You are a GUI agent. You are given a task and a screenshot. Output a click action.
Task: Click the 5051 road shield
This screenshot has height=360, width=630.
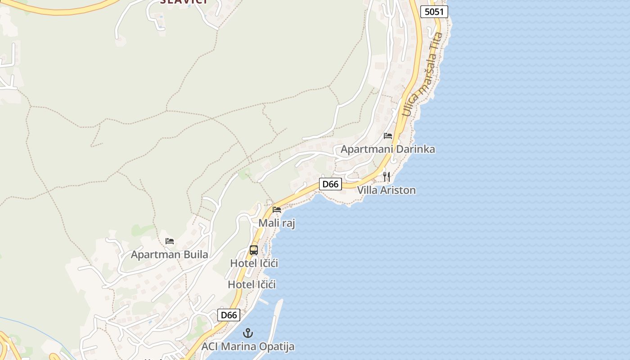(434, 12)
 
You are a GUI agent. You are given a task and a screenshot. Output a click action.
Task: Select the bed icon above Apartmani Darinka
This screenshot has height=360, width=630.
(388, 136)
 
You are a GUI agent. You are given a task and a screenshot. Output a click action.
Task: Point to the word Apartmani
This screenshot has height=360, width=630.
(366, 149)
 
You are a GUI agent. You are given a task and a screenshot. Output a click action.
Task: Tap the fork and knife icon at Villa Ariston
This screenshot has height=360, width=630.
(387, 176)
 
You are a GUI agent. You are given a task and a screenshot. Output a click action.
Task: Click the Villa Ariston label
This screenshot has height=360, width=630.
(386, 190)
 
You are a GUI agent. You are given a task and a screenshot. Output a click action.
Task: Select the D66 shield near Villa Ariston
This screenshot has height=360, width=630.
(330, 184)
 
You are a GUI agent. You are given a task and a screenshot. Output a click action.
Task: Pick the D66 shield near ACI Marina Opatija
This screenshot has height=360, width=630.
(229, 315)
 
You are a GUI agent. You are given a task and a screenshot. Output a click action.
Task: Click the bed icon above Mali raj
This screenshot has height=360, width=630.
(277, 210)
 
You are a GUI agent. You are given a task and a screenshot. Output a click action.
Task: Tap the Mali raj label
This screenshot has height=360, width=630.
(276, 223)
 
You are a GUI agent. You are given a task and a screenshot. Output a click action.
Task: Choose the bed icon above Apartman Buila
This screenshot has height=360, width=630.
(170, 241)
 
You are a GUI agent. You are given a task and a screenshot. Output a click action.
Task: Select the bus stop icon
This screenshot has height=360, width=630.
(254, 250)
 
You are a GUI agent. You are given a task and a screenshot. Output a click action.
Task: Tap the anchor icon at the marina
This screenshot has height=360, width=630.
(247, 333)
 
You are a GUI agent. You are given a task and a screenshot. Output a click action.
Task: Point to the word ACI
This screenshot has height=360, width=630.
(210, 346)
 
